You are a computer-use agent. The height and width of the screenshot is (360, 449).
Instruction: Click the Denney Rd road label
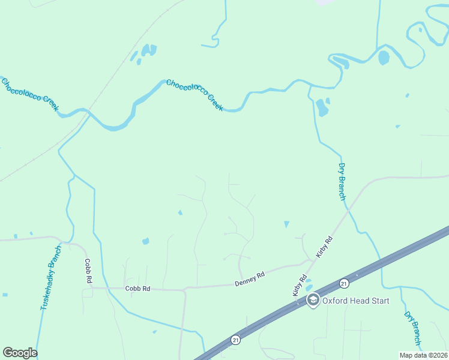coord(250,279)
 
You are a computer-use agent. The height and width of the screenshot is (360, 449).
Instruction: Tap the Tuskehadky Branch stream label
coord(51,278)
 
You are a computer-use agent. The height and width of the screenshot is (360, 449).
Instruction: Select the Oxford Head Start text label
coord(356,301)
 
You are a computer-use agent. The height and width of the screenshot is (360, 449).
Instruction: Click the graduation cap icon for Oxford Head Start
coord(312,300)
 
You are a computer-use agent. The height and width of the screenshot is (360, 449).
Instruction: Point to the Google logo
coord(20,353)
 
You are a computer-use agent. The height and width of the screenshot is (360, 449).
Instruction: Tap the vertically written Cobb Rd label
coord(88,271)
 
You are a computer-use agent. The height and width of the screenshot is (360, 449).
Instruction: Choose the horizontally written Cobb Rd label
coord(137,289)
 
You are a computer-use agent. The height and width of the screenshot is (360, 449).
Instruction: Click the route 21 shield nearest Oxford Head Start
coord(343,283)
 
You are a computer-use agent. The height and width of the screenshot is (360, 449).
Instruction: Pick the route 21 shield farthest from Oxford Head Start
coord(235,340)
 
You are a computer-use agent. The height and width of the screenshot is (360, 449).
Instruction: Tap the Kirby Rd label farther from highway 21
coord(325,247)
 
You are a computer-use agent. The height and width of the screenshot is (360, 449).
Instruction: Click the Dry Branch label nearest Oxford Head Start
coord(412,328)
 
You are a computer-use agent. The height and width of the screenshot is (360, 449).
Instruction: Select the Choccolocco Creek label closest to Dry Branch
coord(194,95)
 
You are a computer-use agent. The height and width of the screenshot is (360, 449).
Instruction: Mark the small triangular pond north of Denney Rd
coord(286,224)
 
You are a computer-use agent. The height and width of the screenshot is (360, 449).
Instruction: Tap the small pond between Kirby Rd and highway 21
coord(308,281)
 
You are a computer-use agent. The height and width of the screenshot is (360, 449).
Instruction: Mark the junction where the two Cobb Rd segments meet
coord(91,288)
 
